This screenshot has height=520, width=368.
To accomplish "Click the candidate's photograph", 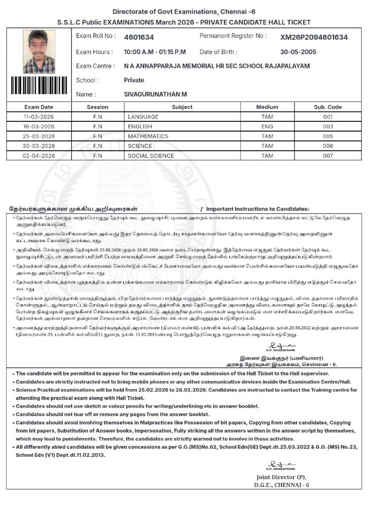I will coord(39,51).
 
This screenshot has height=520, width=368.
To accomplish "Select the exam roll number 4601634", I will coord(139,37).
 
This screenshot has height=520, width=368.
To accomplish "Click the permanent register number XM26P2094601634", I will coord(314,37).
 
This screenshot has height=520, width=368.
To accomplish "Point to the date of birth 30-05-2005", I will coord(298,52).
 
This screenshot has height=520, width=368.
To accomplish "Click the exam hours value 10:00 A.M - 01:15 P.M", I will coord(155,52).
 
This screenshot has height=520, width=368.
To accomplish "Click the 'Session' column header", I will coord(97,107).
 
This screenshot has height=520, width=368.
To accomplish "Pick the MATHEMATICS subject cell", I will coord(148,136).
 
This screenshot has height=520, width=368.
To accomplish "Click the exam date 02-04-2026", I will coord(38,156).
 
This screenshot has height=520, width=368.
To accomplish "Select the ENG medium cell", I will coord(267,126).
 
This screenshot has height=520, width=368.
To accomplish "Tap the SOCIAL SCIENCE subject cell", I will coord(151,156).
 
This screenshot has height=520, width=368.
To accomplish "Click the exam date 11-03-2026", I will coord(38,117).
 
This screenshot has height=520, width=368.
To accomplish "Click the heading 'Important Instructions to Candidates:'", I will coord(257,209).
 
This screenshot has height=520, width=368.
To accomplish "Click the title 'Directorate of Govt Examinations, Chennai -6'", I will coord(184,12).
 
